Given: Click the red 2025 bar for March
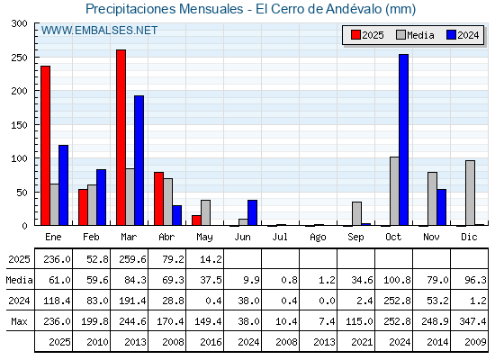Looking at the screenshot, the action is coord(121,138).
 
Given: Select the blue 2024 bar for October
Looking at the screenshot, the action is coord(404,139).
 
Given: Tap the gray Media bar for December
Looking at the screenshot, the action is coord(470,193).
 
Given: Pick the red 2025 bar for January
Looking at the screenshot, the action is coord(45,146).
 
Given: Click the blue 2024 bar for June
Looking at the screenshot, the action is coord(252,212).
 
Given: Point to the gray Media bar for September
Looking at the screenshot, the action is coord(356,213).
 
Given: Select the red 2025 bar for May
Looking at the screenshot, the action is coord(196,220).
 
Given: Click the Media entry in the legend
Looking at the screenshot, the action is coord(415,35).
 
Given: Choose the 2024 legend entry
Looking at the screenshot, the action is coord(463,35).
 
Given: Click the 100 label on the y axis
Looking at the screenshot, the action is coord(19,158).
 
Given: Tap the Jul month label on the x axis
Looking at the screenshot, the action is coord(280,237).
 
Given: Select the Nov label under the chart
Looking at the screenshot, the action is coord(431,237).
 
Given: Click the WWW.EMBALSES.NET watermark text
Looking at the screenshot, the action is coord(99,31).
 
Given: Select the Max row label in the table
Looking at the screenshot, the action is coord(19,321).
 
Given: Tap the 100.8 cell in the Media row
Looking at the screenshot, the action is coord(397,280).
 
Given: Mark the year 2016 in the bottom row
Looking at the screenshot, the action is coord(211,342).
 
